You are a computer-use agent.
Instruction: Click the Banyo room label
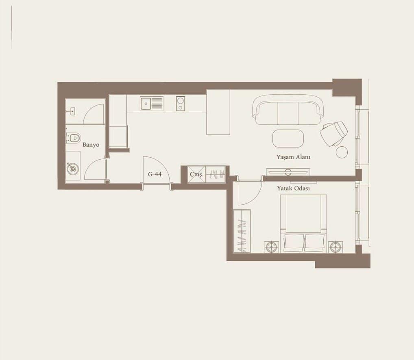pos(91,145)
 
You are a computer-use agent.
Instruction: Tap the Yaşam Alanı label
pos(293,157)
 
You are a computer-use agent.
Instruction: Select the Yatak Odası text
pos(293,188)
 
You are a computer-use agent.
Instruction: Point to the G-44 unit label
pos(155,174)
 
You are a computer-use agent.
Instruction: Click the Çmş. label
pos(197,175)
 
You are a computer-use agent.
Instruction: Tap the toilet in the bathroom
pos(73,138)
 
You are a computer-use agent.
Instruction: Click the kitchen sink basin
pos(146,104)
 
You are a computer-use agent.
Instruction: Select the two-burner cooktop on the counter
pos(180,104)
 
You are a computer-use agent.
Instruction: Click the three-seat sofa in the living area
pos(288,110)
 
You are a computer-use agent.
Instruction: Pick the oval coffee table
pos(288,138)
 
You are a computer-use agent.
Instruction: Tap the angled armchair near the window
pos(334,133)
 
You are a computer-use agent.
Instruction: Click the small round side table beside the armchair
pos(342,152)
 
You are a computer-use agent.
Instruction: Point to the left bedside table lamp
pos(271,247)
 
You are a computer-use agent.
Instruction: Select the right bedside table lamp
pos(336,247)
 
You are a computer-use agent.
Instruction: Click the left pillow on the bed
pos(294,243)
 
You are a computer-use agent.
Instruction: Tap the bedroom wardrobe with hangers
pos(242,231)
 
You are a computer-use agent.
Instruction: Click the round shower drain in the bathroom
pos(73,168)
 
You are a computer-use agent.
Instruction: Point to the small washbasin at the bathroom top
pos(72,112)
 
